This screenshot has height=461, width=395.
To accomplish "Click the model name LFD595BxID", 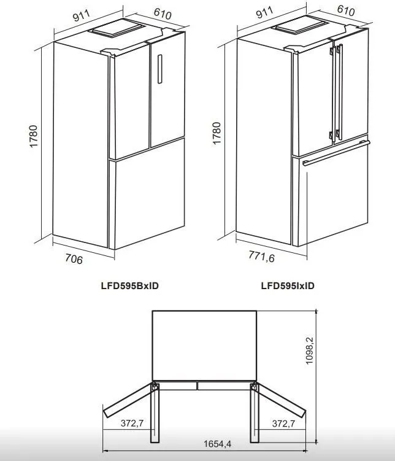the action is pyautogui.click(x=130, y=285).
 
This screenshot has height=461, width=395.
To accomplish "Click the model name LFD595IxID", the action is pyautogui.click(x=288, y=285).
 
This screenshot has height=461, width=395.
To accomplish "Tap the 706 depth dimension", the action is pyautogui.click(x=74, y=259).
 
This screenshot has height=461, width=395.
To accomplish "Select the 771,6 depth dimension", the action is pyautogui.click(x=261, y=256).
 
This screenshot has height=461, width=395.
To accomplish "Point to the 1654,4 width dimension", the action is pyautogui.click(x=217, y=444).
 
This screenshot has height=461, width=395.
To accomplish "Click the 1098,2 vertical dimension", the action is pyautogui.click(x=310, y=351).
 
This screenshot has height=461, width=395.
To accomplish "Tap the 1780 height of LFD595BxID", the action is pyautogui.click(x=34, y=136).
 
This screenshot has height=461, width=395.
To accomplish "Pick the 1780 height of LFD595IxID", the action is pyautogui.click(x=216, y=133).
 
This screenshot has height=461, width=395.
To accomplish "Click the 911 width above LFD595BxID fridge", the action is pyautogui.click(x=82, y=15).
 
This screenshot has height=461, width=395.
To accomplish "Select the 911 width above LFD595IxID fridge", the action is pyautogui.click(x=264, y=12).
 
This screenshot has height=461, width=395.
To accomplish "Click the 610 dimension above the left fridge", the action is pyautogui.click(x=163, y=14).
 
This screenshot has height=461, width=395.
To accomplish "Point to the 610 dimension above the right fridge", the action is pyautogui.click(x=346, y=10).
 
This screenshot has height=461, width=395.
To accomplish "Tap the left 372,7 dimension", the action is pyautogui.click(x=132, y=423).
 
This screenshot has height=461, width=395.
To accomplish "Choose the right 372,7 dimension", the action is pyautogui.click(x=283, y=424).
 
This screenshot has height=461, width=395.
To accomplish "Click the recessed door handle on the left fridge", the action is pyautogui.click(x=159, y=69).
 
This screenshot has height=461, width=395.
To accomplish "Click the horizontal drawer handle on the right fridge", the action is pyautogui.click(x=336, y=153).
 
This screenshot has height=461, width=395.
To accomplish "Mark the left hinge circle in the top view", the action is pyautogui.click(x=155, y=387).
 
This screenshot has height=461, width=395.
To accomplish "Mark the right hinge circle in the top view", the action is pyautogui.click(x=254, y=387).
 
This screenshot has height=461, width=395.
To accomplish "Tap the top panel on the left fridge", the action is pyautogui.click(x=118, y=28).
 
